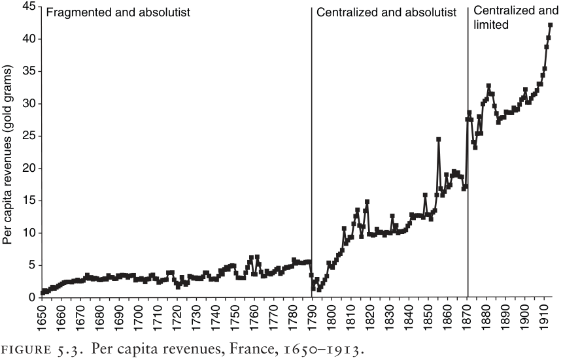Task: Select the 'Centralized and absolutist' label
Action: [x=386, y=12]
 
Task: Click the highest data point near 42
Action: [x=551, y=25]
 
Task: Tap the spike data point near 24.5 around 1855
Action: [x=438, y=139]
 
